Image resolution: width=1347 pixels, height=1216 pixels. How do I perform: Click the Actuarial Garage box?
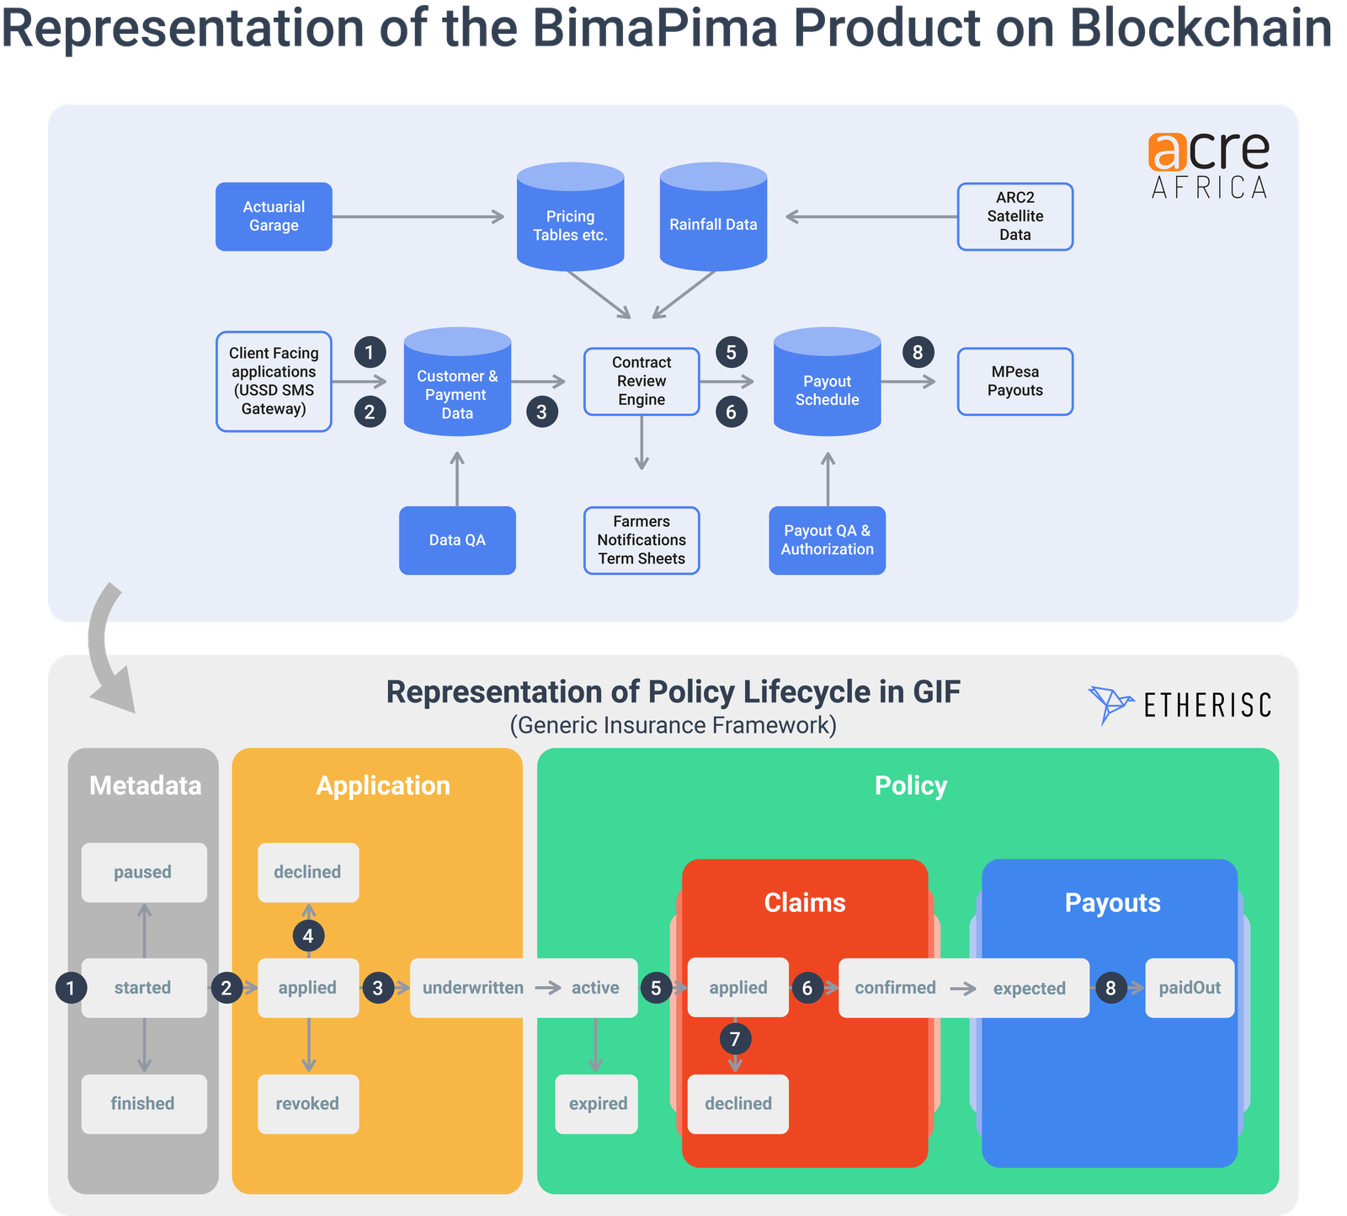pyautogui.click(x=274, y=216)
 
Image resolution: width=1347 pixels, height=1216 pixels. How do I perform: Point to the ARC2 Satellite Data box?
pyautogui.click(x=1014, y=216)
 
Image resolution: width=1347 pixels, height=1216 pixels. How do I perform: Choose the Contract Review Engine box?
pyautogui.click(x=642, y=381)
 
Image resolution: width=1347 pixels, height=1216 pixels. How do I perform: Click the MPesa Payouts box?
pyautogui.click(x=1014, y=381)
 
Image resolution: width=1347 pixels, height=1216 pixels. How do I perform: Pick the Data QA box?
pyautogui.click(x=457, y=541)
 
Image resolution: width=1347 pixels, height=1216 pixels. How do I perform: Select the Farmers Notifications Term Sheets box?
pyautogui.click(x=642, y=541)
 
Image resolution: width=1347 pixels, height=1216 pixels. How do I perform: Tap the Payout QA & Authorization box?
pyautogui.click(x=827, y=541)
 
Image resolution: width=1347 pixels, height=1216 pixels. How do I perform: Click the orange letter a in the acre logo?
pyautogui.click(x=1167, y=152)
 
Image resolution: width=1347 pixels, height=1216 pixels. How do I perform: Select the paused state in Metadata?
pyautogui.click(x=143, y=872)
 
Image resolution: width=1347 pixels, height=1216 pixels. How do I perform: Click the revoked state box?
pyautogui.click(x=307, y=1104)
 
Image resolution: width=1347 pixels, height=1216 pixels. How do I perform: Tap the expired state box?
pyautogui.click(x=597, y=1104)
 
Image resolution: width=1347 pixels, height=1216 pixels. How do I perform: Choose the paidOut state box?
pyautogui.click(x=1189, y=988)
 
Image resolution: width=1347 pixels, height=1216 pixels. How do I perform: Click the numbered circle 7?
pyautogui.click(x=735, y=1039)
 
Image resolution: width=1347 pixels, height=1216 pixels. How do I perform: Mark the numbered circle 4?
pyautogui.click(x=308, y=936)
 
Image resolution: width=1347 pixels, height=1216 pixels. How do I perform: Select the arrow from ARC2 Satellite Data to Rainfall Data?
pyautogui.click(x=871, y=217)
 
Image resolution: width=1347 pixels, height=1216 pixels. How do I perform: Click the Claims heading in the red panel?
pyautogui.click(x=804, y=903)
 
